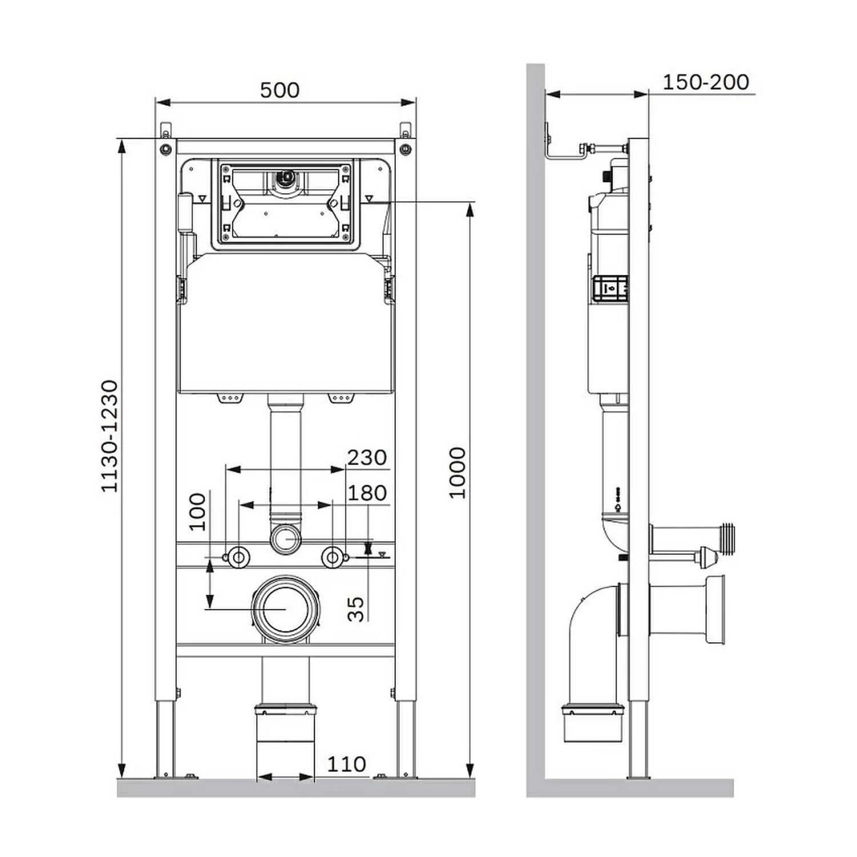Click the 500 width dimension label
[x=279, y=90]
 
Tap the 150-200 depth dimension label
[x=706, y=82]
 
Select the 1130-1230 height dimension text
[x=109, y=436]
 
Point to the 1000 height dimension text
[x=457, y=473]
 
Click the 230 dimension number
[x=367, y=457]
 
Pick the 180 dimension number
[x=367, y=492]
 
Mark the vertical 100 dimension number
[x=197, y=512]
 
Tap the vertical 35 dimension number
[x=355, y=609]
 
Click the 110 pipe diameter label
[x=347, y=764]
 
